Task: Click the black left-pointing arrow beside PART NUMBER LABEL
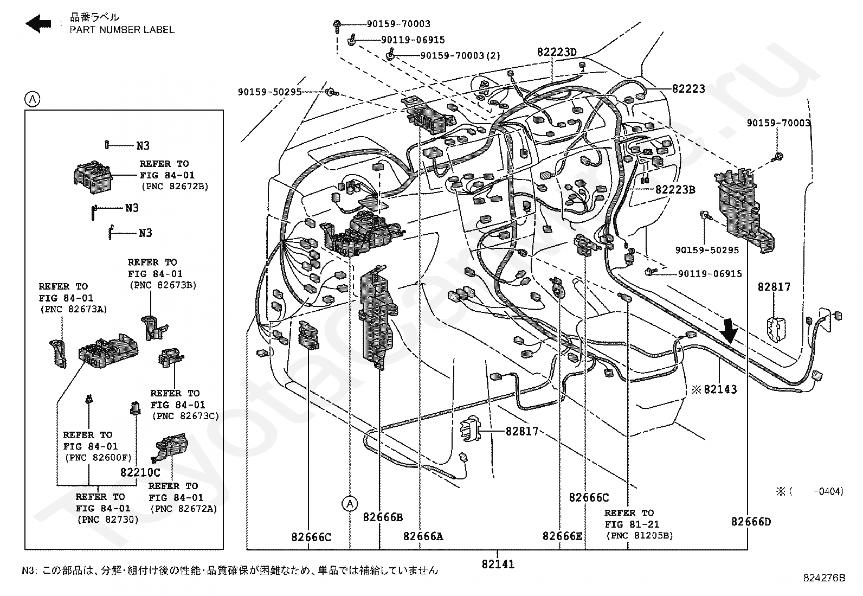[x=38, y=23]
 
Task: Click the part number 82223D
[x=557, y=52]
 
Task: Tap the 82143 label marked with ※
[x=714, y=389]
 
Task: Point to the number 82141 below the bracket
[x=498, y=564]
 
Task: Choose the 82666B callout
[x=383, y=517]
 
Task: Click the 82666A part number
[x=423, y=536]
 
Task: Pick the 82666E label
[x=563, y=536]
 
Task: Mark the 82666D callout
[x=751, y=522]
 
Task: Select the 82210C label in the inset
[x=140, y=472]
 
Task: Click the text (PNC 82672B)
[x=175, y=187]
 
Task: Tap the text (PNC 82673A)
[x=74, y=309]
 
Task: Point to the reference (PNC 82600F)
[x=98, y=458]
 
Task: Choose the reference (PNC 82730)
[x=108, y=520]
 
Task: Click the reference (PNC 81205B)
[x=640, y=535]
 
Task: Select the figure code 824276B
[x=824, y=578]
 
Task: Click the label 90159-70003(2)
[x=460, y=56]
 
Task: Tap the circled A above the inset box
[x=33, y=99]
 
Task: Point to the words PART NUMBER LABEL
[x=122, y=30]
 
